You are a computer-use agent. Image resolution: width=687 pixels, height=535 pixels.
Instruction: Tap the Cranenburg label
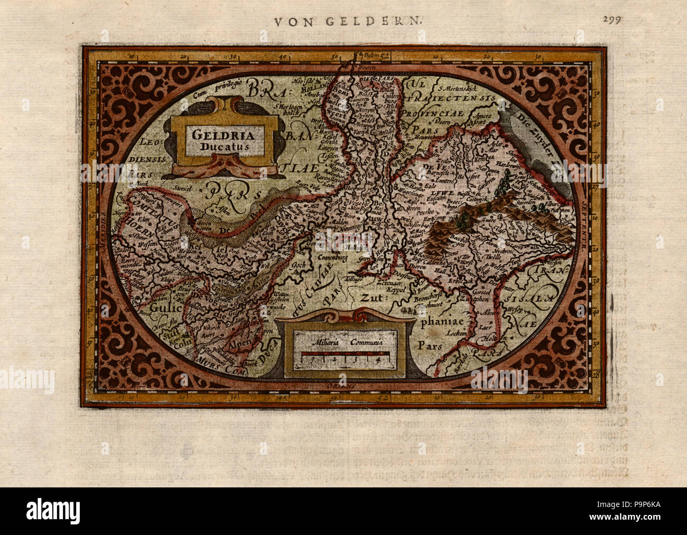[x=336, y=260]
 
